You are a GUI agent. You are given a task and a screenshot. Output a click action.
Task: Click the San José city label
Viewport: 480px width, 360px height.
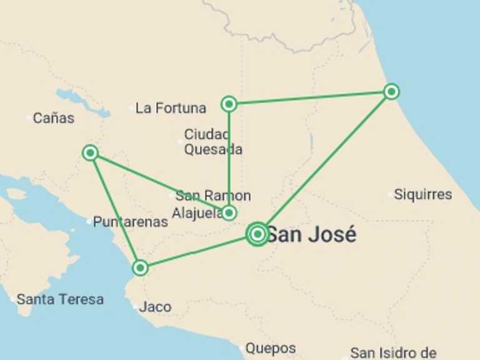coord(312,235)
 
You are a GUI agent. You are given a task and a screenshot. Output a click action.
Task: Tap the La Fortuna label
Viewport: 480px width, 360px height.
coord(171,108)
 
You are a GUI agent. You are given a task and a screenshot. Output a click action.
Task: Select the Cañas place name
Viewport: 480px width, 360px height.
coord(54,117)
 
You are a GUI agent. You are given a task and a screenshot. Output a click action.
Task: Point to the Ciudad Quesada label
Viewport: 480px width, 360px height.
coord(212,142)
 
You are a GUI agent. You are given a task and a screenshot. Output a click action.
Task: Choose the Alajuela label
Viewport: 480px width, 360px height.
coord(197,213)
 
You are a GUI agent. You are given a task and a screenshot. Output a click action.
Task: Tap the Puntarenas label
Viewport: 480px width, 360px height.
coord(131,221)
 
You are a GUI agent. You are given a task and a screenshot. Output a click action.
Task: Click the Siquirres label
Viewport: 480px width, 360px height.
coord(423,194)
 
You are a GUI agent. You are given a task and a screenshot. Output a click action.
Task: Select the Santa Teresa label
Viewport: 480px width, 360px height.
coord(60,299)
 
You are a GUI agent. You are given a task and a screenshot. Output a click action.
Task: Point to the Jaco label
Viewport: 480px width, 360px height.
coord(155,307)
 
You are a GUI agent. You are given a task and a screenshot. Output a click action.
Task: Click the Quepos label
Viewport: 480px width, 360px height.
coord(270,348)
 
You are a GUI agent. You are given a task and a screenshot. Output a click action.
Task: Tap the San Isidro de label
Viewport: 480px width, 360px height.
coord(393,352)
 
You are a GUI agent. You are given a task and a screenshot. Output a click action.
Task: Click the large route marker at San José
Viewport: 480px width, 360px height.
coord(257,234)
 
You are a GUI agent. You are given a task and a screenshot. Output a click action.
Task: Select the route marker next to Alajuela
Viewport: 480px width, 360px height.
coord(229,213)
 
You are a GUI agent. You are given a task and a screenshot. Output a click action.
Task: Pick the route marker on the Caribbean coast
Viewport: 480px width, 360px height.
coord(391,92)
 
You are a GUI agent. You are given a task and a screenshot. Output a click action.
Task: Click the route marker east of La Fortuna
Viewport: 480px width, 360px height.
coord(229,104)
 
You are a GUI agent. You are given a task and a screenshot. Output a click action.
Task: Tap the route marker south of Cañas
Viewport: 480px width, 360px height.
coord(91,152)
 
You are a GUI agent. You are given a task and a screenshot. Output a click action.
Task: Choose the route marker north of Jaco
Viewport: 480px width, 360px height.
coord(141,268)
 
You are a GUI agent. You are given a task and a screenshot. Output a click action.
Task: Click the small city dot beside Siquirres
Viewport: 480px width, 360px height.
coord(389,194)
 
